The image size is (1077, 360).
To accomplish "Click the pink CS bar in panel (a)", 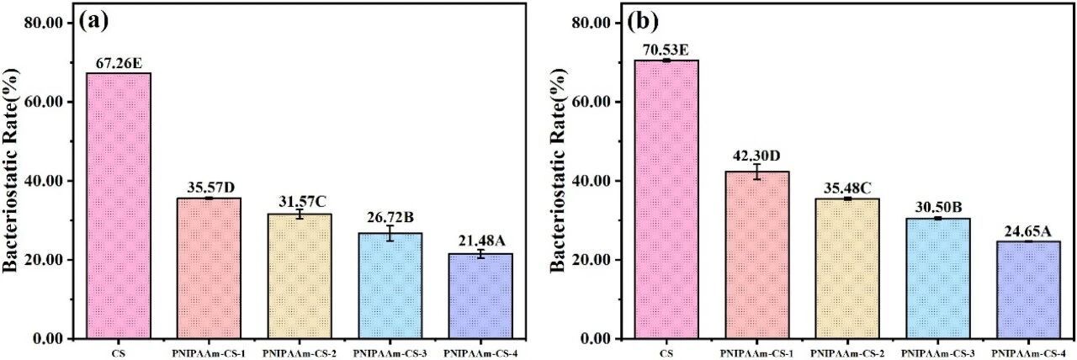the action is tap(119, 206).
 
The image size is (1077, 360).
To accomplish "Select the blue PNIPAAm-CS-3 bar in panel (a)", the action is tap(390, 286).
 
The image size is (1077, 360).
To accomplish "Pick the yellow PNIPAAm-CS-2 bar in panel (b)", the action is tap(847, 268).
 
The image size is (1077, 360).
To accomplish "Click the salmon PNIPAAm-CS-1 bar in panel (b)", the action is tap(756, 255).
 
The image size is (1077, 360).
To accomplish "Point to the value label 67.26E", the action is tap(119, 63).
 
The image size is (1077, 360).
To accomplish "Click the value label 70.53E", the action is tap(666, 50).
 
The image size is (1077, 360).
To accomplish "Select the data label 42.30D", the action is tap(756, 156).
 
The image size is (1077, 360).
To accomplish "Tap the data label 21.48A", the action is tap(481, 241).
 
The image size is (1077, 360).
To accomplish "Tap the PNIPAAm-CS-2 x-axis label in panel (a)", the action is tap(299, 353).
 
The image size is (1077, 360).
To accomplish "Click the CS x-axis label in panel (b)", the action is tap(666, 353).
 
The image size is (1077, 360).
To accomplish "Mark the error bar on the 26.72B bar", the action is tap(390, 233).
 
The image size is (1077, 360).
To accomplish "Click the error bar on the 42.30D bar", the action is tap(756, 172).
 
